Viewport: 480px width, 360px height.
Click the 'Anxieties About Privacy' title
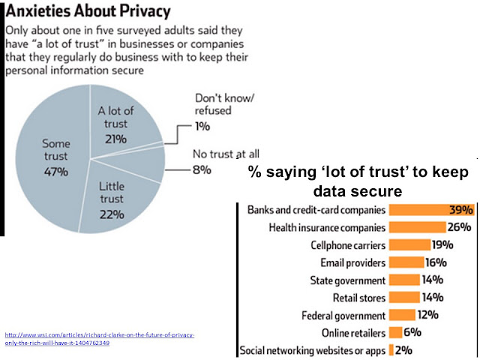coord(88,12)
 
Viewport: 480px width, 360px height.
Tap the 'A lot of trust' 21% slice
coord(118,120)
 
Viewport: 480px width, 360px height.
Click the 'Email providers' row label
coord(353,262)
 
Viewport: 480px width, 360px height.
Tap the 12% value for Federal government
coord(427,315)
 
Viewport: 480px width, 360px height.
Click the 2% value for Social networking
coord(404,350)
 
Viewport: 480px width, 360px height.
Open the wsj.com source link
coord(99,338)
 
